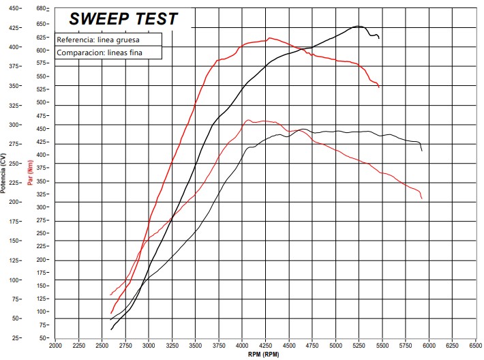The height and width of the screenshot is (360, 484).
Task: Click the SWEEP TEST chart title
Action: pyautogui.click(x=123, y=19)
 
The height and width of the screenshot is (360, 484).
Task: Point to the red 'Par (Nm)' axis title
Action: pyautogui.click(x=31, y=173)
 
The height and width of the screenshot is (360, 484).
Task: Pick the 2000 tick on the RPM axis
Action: pyautogui.click(x=56, y=345)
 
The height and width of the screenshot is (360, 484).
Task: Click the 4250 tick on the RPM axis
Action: pyautogui.click(x=266, y=345)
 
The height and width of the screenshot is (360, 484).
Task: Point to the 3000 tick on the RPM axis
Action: pyautogui.click(x=149, y=345)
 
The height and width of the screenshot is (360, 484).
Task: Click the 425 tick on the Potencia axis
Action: pyautogui.click(x=14, y=28)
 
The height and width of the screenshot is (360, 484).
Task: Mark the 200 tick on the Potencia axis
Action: pyautogui.click(x=14, y=202)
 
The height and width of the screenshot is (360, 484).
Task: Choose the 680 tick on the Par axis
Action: pyautogui.click(x=42, y=9)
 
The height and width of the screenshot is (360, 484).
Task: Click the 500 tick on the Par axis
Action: pyautogui.click(x=42, y=102)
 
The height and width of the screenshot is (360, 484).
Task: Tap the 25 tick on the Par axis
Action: pyautogui.click(x=42, y=337)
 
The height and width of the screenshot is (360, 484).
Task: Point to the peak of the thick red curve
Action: pyautogui.click(x=270, y=38)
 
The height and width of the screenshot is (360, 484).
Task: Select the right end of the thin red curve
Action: pyautogui.click(x=422, y=198)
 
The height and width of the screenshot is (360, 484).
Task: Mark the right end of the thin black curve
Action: pyautogui.click(x=422, y=150)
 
